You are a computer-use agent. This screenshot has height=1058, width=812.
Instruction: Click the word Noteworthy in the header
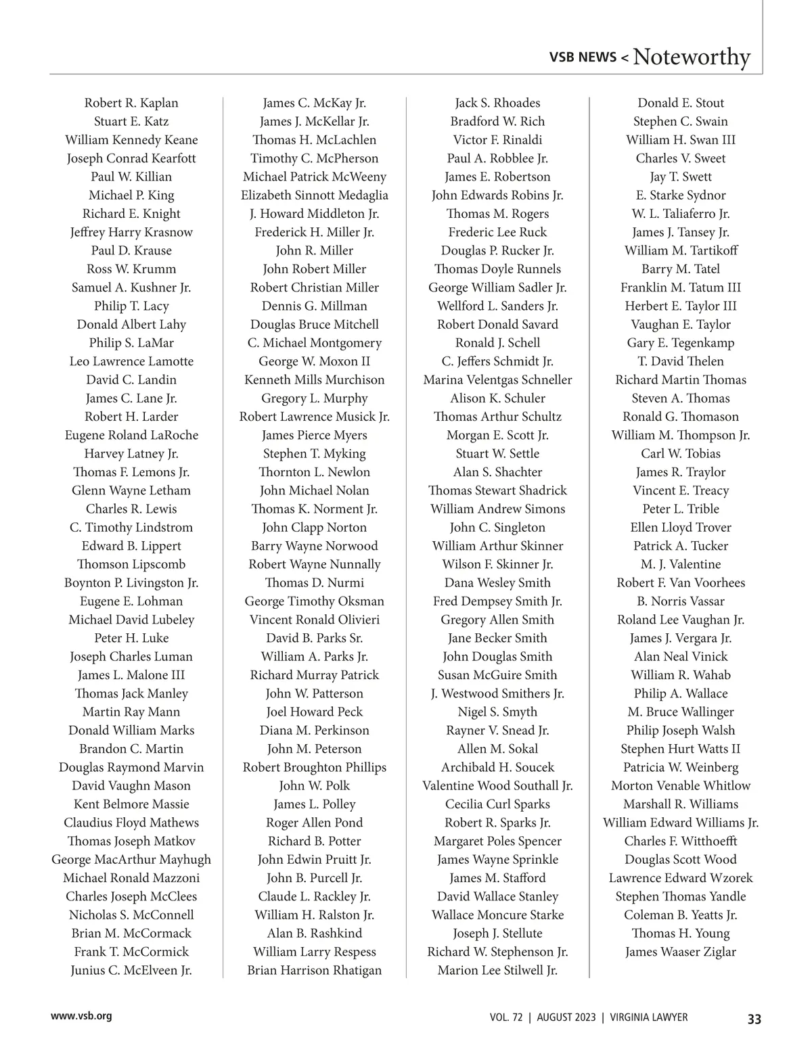click(x=692, y=57)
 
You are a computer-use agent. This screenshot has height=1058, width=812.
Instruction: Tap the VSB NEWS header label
click(x=583, y=57)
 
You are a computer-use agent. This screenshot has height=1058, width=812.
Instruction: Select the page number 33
click(x=754, y=1019)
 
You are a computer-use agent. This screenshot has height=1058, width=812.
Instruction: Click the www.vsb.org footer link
click(x=81, y=1016)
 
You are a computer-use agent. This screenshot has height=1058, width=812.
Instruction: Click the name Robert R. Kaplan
click(x=131, y=103)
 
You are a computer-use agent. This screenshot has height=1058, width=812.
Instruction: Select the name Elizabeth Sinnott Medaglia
click(x=315, y=195)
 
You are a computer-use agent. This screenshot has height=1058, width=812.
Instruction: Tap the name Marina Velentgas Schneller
click(x=497, y=380)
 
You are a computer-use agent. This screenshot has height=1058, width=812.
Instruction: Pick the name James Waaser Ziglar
click(x=680, y=952)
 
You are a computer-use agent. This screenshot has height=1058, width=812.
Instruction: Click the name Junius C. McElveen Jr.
click(x=131, y=970)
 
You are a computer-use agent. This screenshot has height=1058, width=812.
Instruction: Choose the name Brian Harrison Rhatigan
click(x=315, y=970)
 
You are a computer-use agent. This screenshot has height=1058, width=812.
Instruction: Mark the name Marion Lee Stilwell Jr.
click(x=497, y=970)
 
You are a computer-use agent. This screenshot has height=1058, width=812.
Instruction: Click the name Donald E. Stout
click(x=680, y=103)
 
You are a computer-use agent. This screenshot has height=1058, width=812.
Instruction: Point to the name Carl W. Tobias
click(x=680, y=454)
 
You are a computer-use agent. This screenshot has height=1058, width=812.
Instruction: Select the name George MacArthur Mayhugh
click(x=131, y=860)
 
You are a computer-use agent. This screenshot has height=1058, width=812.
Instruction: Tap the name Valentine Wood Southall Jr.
click(x=497, y=786)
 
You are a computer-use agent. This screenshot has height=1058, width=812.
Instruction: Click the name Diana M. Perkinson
click(x=315, y=731)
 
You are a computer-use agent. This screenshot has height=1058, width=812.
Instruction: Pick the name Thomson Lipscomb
click(x=131, y=564)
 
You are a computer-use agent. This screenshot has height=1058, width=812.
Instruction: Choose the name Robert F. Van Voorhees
click(x=680, y=583)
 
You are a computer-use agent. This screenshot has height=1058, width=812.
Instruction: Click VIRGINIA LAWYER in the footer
click(x=648, y=1017)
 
